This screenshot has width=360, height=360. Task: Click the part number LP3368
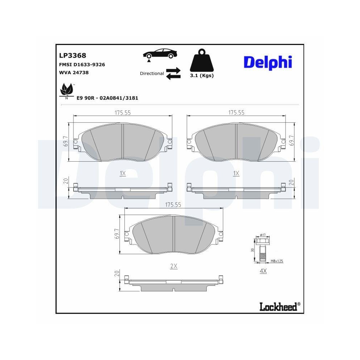point(72,55)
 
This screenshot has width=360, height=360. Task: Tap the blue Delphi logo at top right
point(268,62)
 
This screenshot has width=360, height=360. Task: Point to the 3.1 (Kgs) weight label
point(202,76)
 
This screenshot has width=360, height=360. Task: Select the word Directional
point(152,73)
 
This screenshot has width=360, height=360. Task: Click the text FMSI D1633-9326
point(82,65)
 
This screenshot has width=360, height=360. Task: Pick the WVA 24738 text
point(73,72)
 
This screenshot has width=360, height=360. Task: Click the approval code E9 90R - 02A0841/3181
point(108,98)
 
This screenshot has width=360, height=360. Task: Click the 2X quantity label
point(174,266)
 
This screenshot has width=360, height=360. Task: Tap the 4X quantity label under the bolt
point(263,271)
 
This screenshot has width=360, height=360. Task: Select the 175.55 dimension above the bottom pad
point(173,204)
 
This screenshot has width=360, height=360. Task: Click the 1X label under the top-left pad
point(123,173)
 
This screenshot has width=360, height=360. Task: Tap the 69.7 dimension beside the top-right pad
point(292,141)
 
